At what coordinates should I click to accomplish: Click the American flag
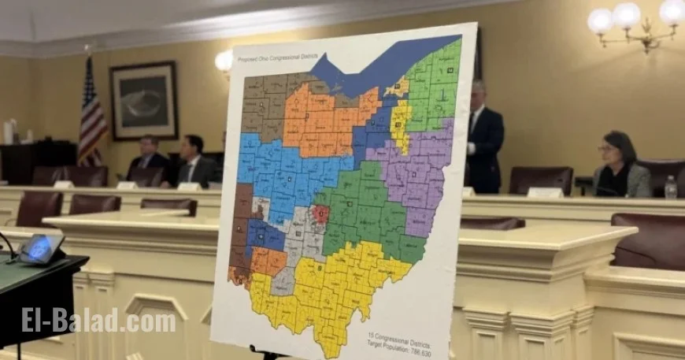91,114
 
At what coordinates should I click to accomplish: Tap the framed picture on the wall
143,101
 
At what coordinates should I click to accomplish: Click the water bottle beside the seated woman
670,187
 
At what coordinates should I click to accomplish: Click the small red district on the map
320,213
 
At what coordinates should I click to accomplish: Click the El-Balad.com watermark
98,321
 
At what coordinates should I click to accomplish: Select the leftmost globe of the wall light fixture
600,20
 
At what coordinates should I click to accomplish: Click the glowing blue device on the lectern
41,248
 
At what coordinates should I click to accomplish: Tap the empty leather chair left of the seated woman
541,180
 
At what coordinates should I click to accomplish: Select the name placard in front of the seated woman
546,193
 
